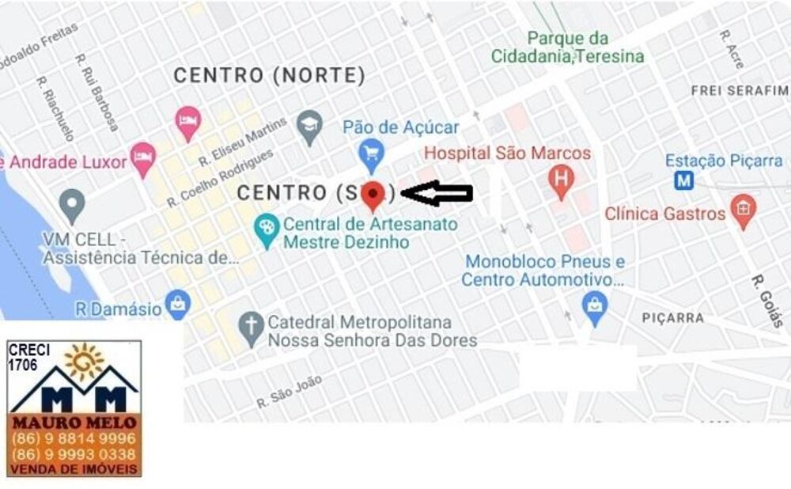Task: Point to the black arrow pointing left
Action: pyautogui.click(x=437, y=192)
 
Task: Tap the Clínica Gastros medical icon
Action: pyautogui.click(x=743, y=210)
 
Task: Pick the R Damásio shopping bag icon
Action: pyautogui.click(x=178, y=304)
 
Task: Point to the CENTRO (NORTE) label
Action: pyautogui.click(x=269, y=76)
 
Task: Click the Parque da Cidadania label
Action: pyautogui.click(x=567, y=47)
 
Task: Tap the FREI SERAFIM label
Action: pyautogui.click(x=740, y=91)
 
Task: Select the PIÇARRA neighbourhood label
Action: pyautogui.click(x=673, y=318)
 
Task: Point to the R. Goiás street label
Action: pyautogui.click(x=766, y=301)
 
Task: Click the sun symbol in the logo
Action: pyautogui.click(x=84, y=362)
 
